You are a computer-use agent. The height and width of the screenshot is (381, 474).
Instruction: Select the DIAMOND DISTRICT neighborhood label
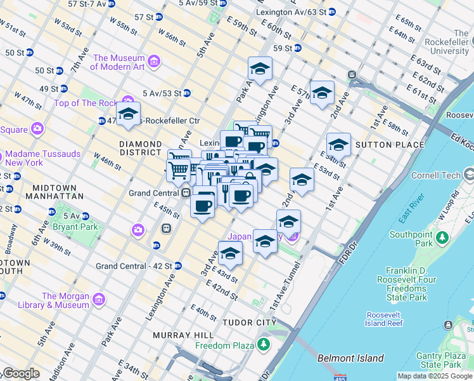[x=140, y=148]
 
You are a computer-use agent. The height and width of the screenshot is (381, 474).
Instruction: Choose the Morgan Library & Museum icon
[x=98, y=299]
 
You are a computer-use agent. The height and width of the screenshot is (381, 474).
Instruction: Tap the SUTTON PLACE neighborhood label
[x=390, y=145]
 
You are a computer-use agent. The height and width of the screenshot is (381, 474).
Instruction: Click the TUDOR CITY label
[x=249, y=323]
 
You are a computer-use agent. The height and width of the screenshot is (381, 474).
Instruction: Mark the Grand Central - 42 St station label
[x=134, y=265]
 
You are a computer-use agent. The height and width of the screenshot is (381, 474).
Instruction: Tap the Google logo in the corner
[x=20, y=373]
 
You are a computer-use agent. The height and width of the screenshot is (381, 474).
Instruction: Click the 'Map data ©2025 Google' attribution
[x=435, y=376]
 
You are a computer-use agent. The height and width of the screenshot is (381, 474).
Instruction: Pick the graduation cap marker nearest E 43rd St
[x=231, y=253]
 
